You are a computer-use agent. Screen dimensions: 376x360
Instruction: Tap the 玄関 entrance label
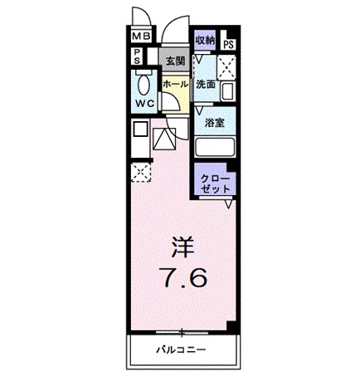click(173, 61)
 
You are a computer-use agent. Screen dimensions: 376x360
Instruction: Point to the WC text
click(145, 103)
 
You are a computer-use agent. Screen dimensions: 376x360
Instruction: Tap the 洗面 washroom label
click(206, 85)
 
